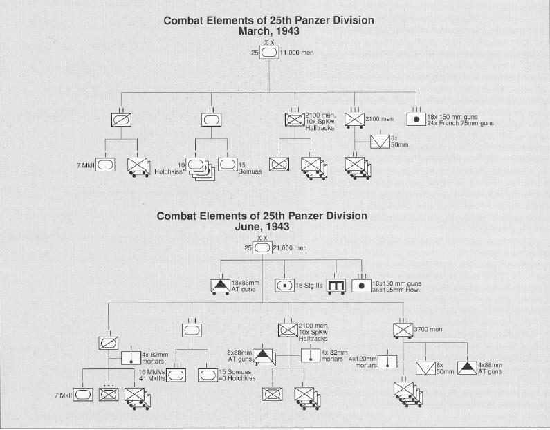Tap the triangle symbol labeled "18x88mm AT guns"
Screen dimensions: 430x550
[x=220, y=285]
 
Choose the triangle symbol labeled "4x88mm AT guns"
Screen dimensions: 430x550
[x=466, y=367]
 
